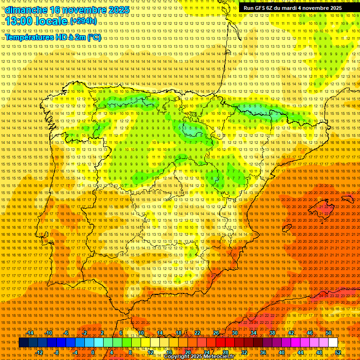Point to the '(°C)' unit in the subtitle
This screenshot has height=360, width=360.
click(94, 37)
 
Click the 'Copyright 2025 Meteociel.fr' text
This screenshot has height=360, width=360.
click(199, 357)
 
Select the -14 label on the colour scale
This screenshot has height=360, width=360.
click(30, 333)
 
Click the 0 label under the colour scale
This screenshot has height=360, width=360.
click(93, 352)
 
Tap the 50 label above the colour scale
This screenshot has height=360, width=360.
click(329, 333)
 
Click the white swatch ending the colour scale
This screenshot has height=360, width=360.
click(333, 343)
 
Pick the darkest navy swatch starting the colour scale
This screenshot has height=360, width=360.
click(23, 343)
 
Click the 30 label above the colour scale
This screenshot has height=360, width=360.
click(234, 333)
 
